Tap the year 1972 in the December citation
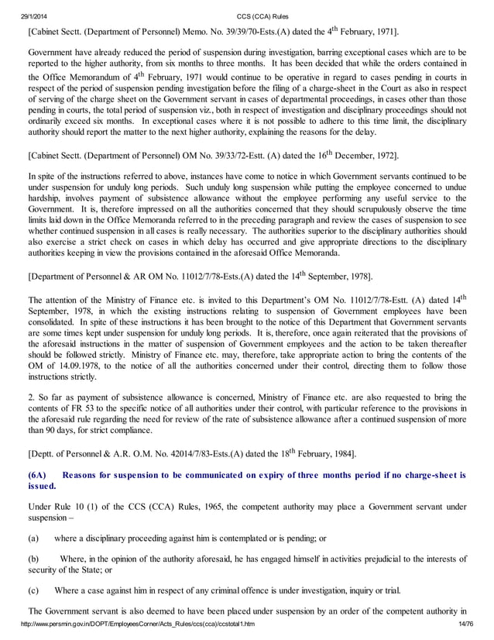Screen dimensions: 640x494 click(383, 156)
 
